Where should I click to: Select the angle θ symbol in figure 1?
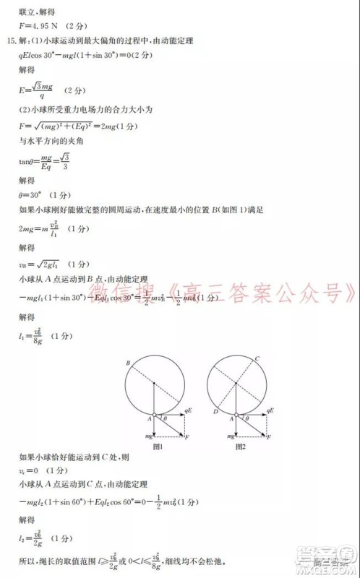click(x=165, y=418)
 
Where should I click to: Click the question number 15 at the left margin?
click(x=10, y=40)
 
